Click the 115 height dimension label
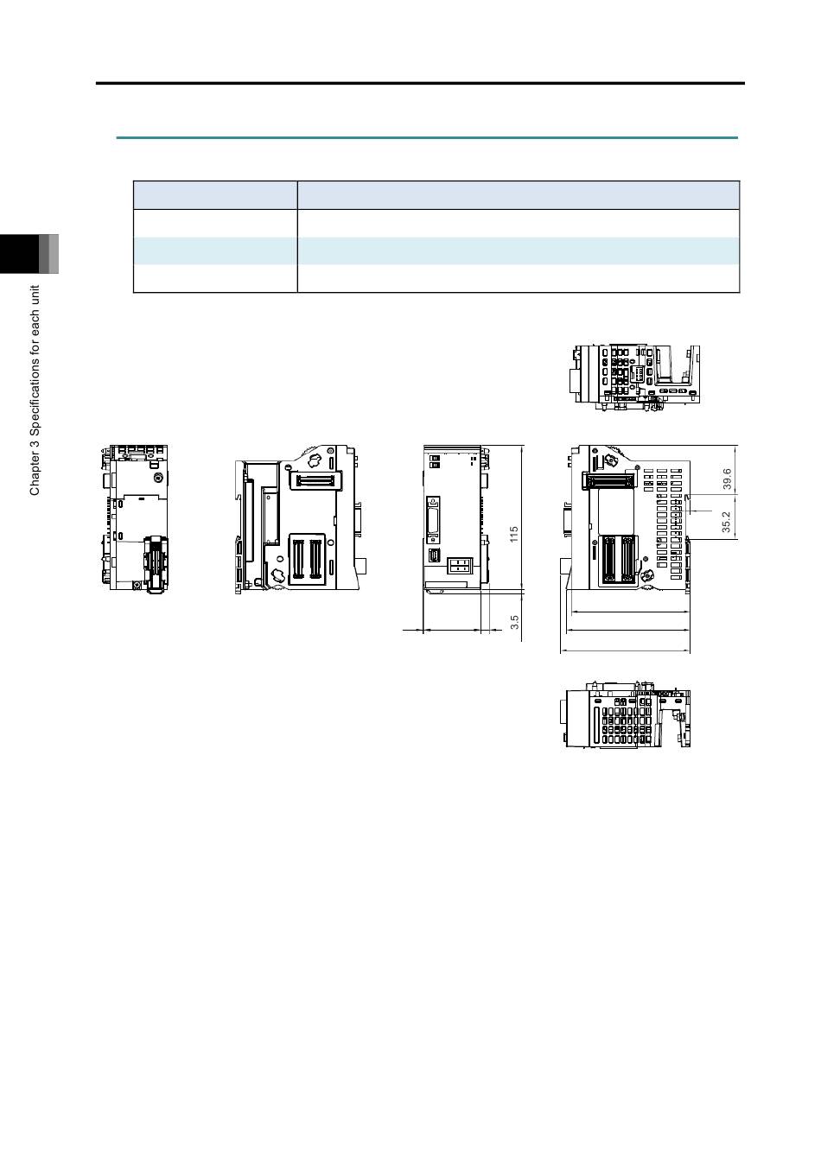point(513,535)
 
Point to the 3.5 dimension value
point(514,623)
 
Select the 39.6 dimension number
point(727,479)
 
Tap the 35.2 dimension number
point(726,523)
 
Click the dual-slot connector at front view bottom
point(460,566)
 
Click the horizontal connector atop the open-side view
point(315,479)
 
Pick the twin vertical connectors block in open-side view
point(307,560)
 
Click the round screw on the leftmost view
point(156,477)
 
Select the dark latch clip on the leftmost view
point(155,564)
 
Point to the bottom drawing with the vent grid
point(625,714)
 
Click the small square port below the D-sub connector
point(435,555)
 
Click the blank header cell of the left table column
point(215,195)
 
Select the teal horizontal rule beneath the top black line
point(427,138)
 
